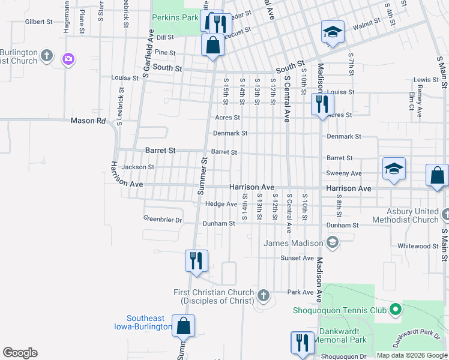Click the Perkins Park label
click(175, 18)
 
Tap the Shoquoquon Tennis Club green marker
click(395, 310)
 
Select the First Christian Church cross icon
click(263, 295)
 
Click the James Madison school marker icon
click(333, 242)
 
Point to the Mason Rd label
click(88, 121)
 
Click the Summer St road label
click(202, 176)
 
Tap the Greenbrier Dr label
click(162, 220)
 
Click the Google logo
click(20, 353)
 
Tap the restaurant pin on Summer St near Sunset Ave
click(196, 260)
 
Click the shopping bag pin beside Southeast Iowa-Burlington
click(184, 326)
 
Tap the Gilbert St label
click(39, 22)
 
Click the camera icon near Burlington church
click(68, 58)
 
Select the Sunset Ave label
click(297, 258)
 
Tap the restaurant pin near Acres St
click(322, 104)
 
